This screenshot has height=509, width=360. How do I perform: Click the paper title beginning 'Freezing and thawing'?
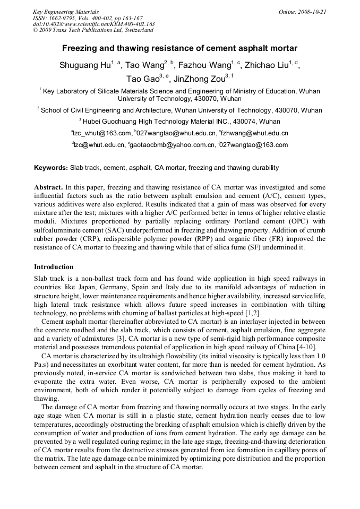click(x=179, y=48)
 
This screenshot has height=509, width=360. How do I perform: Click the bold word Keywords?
click(x=51, y=168)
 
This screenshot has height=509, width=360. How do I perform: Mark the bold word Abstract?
click(x=49, y=187)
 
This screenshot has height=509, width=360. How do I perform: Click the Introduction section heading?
click(x=54, y=266)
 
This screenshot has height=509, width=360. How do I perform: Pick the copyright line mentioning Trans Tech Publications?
click(x=93, y=30)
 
